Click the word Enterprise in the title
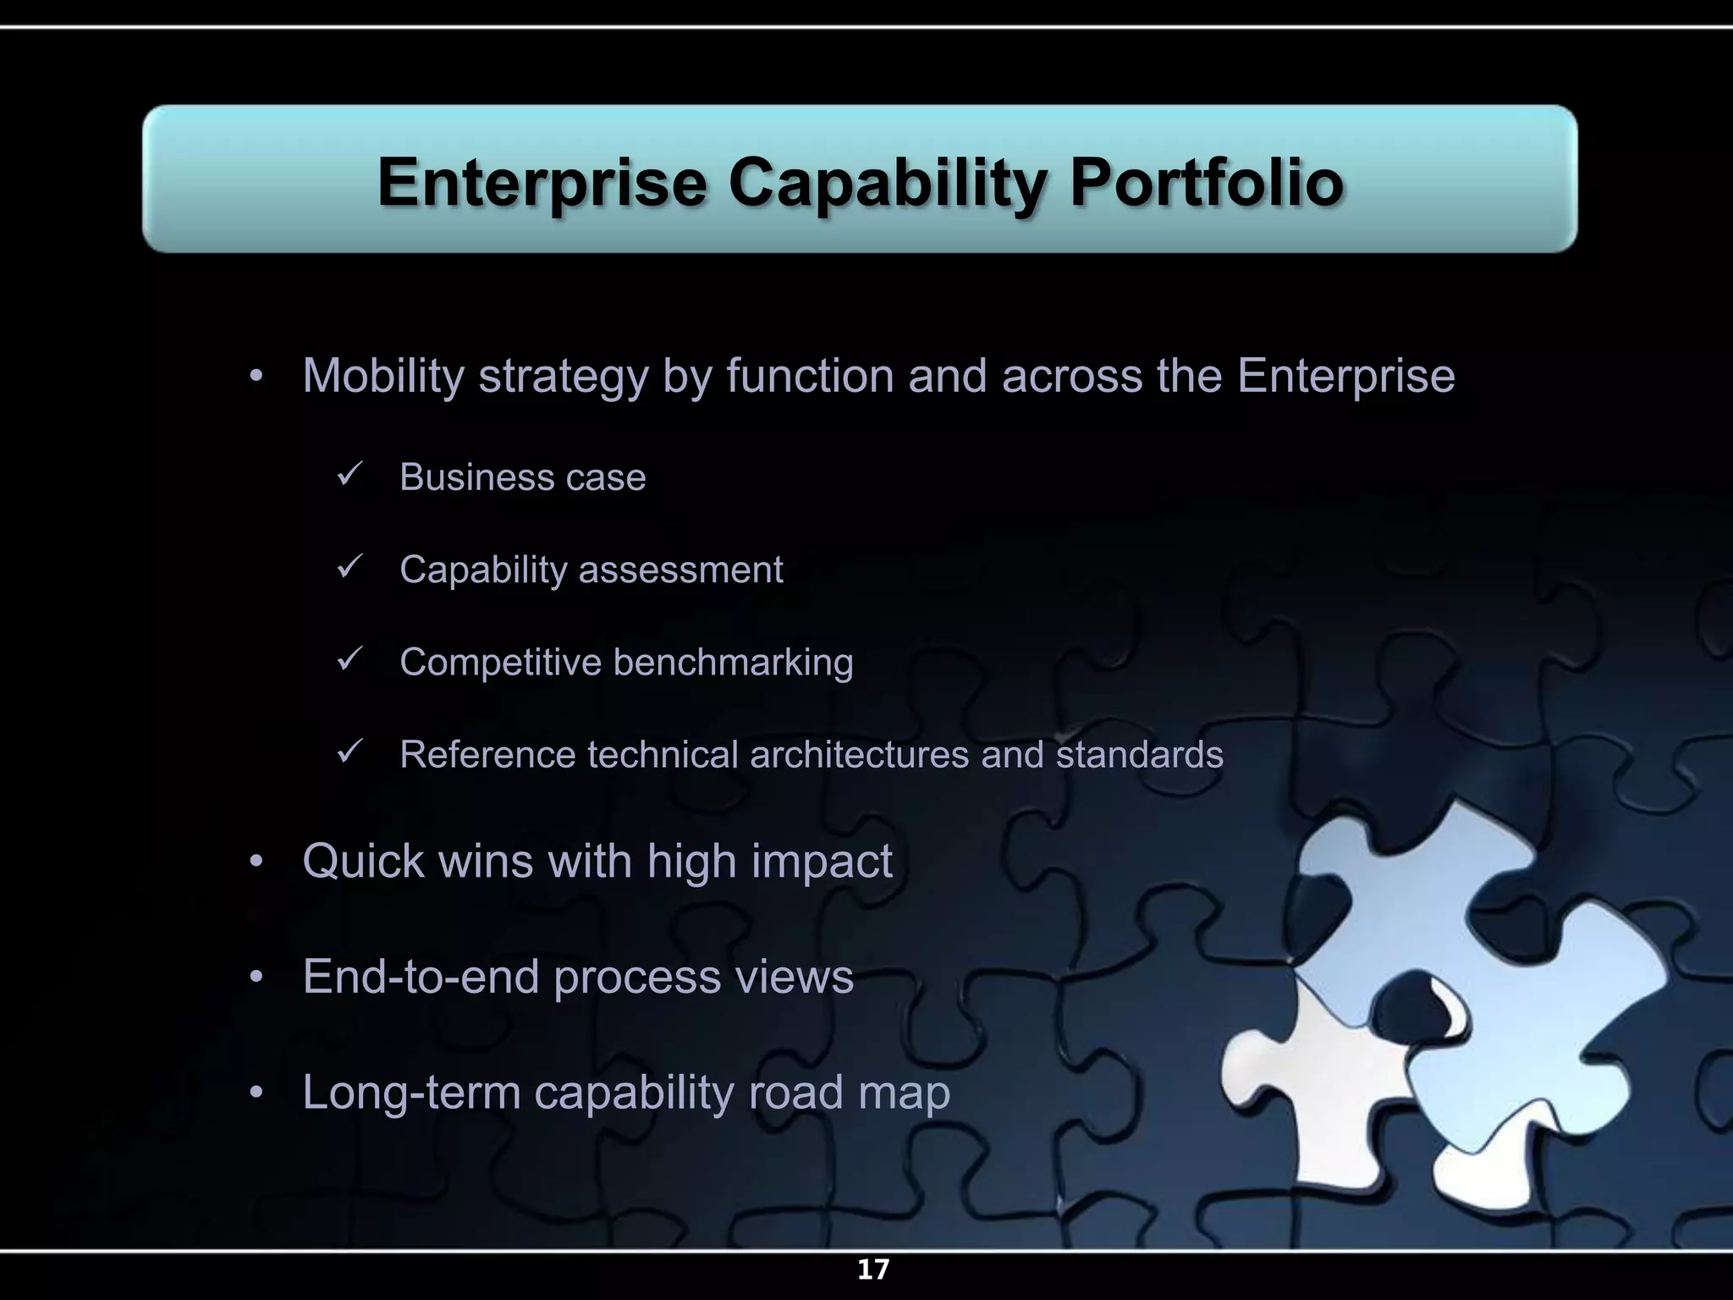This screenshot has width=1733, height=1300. tap(542, 183)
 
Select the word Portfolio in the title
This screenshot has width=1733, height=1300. tap(1207, 183)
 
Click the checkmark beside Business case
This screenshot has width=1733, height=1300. tap(349, 474)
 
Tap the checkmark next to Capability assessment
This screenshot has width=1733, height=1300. tap(349, 566)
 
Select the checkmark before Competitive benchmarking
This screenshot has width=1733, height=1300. tap(349, 658)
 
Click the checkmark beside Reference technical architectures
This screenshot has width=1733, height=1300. tap(349, 751)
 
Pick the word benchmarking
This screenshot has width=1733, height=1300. tap(733, 663)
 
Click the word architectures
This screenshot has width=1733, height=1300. tap(859, 755)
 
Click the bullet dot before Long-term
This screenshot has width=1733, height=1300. tap(256, 1093)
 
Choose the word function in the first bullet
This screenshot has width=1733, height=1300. tap(810, 377)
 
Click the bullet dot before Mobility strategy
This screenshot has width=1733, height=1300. tap(256, 377)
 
